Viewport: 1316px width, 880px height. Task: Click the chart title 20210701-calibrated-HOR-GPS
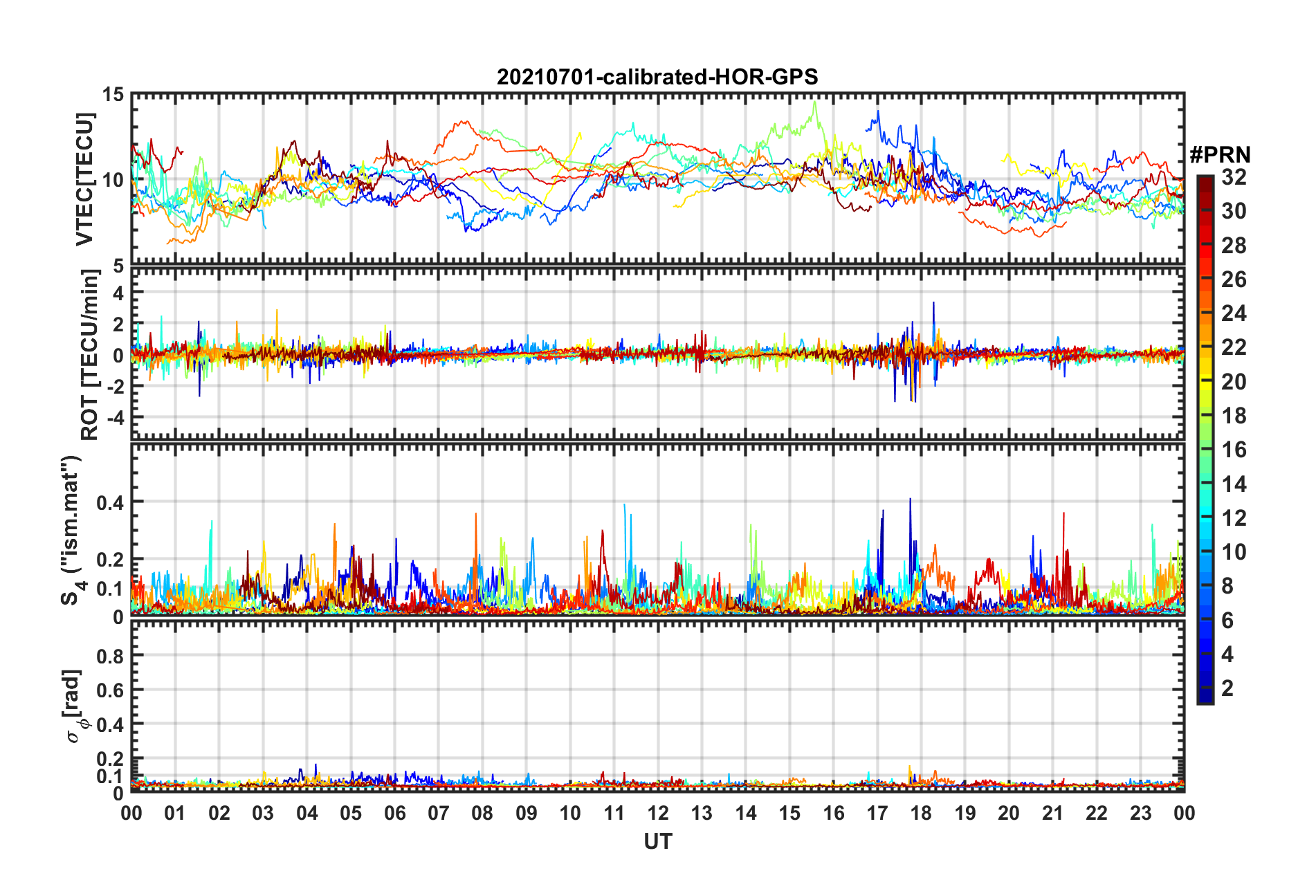pyautogui.click(x=657, y=77)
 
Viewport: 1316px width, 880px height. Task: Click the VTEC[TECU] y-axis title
pyautogui.click(x=84, y=179)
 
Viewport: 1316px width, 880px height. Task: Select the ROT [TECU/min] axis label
pyautogui.click(x=90, y=355)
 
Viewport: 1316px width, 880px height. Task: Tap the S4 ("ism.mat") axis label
pyautogui.click(x=72, y=530)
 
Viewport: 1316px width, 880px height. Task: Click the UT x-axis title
pyautogui.click(x=657, y=842)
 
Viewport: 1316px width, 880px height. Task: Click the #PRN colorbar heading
pyautogui.click(x=1220, y=155)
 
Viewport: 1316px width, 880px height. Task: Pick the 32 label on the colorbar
pyautogui.click(x=1234, y=177)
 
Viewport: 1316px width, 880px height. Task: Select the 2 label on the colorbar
pyautogui.click(x=1227, y=688)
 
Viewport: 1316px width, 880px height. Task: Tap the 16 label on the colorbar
pyautogui.click(x=1234, y=450)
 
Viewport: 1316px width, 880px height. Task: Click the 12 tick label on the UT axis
pyautogui.click(x=658, y=813)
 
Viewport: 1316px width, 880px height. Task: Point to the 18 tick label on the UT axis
pyautogui.click(x=921, y=813)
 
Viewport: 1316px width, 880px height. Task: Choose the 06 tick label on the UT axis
pyautogui.click(x=394, y=813)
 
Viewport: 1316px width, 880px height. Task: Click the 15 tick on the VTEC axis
pyautogui.click(x=113, y=95)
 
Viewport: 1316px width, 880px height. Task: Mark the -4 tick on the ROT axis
pyautogui.click(x=113, y=417)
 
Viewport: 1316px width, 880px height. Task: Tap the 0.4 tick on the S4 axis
pyautogui.click(x=111, y=502)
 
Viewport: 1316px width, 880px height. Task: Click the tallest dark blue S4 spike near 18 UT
pyautogui.click(x=910, y=499)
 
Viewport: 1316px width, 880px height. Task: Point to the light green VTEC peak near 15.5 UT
pyautogui.click(x=815, y=103)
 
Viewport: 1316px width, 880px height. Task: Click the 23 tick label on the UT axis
pyautogui.click(x=1140, y=813)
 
